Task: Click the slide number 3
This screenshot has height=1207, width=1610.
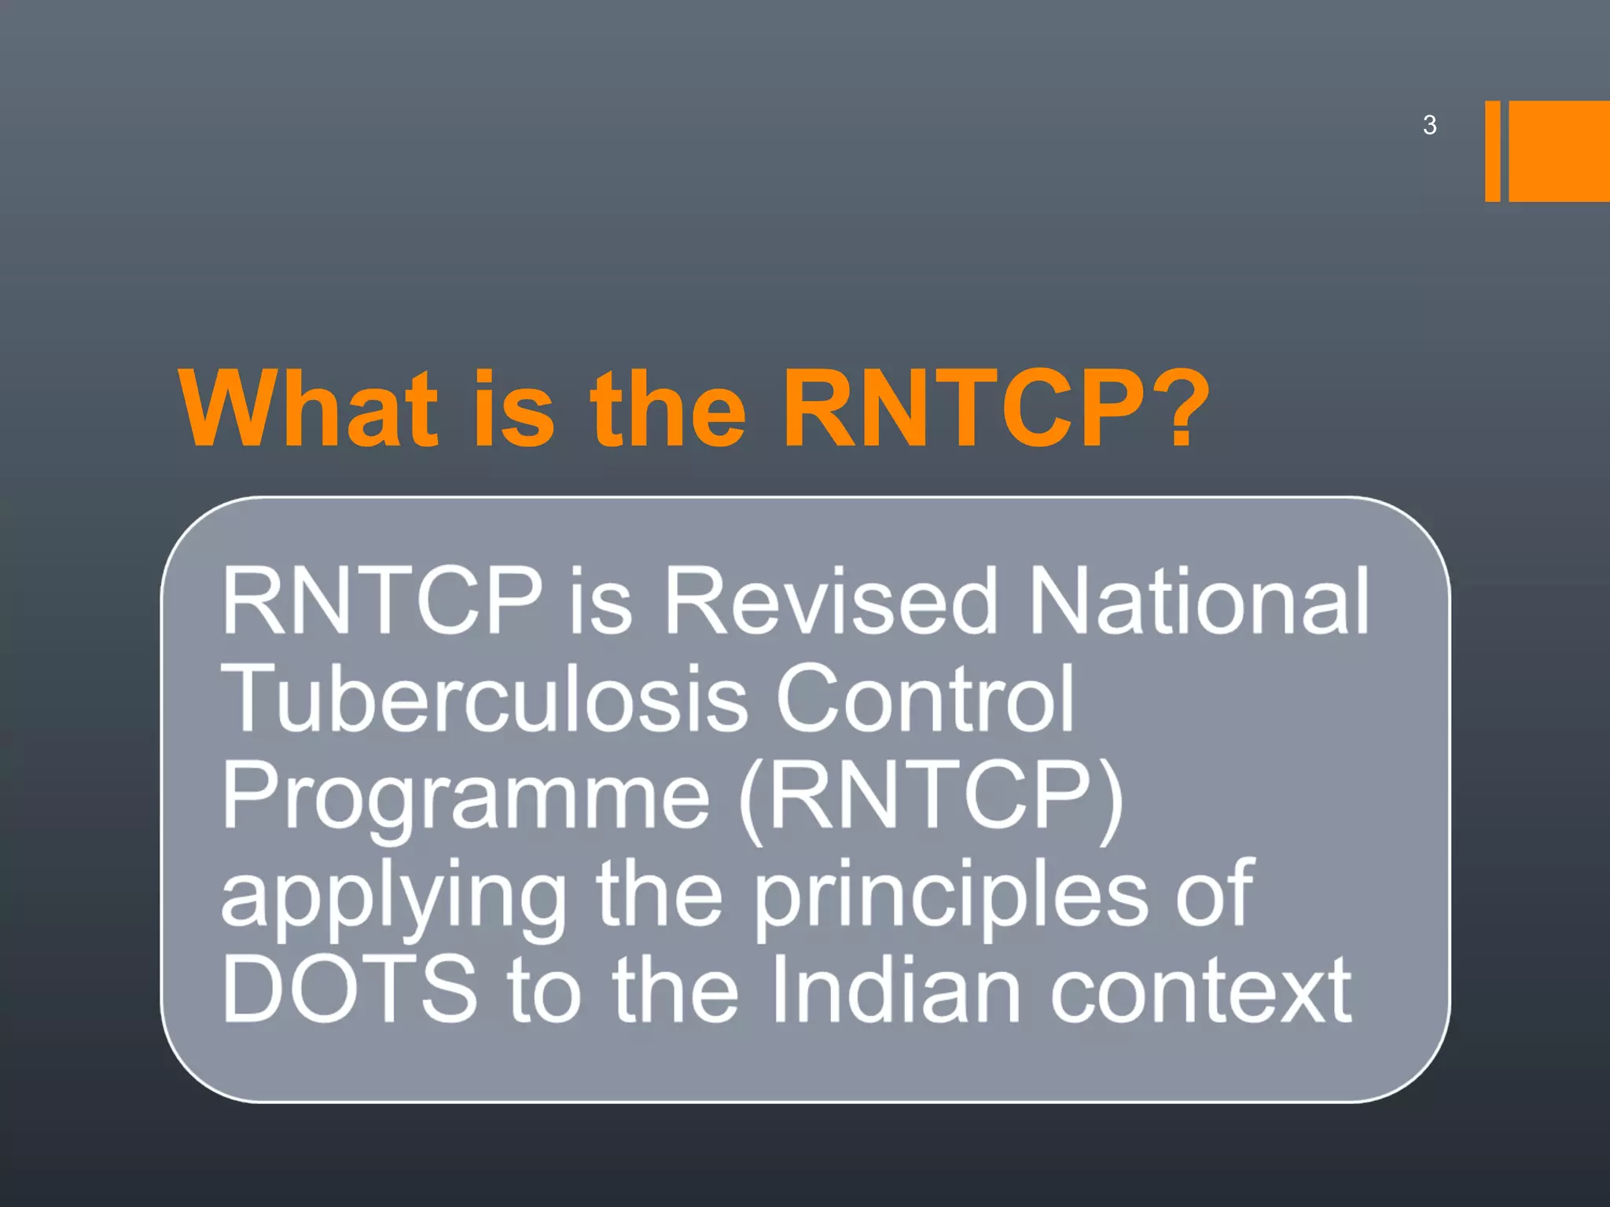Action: point(1429,126)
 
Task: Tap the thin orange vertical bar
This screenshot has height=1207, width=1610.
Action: point(1492,151)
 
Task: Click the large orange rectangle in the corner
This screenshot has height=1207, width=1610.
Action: point(1559,151)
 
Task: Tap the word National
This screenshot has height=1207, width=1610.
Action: point(1200,601)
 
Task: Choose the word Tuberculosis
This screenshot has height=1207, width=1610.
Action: point(484,698)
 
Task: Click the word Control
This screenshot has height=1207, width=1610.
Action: point(924,698)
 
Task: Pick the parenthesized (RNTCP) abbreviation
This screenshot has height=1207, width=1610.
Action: point(932,795)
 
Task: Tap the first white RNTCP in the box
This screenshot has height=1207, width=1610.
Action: point(382,601)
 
